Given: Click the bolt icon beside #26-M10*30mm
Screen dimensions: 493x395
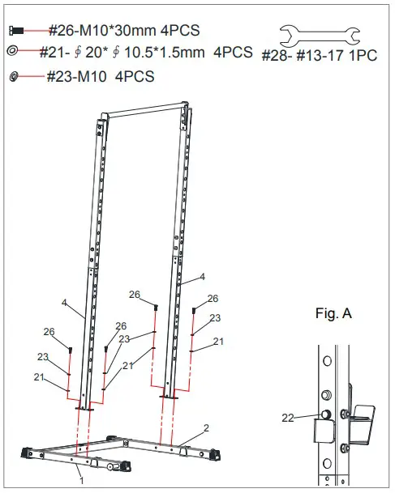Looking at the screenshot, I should tap(15, 30).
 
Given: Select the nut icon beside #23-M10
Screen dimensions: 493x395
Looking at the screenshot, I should tap(14, 76).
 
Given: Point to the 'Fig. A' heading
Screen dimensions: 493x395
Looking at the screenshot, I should tap(333, 312).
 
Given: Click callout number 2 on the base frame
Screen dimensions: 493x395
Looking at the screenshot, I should tap(207, 427).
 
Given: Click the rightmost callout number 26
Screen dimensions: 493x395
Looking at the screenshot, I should tap(213, 298).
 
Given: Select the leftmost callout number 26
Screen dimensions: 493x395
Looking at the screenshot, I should tap(49, 331).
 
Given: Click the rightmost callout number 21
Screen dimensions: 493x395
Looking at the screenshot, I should tap(217, 342).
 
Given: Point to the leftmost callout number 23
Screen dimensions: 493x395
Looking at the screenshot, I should tap(43, 356).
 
